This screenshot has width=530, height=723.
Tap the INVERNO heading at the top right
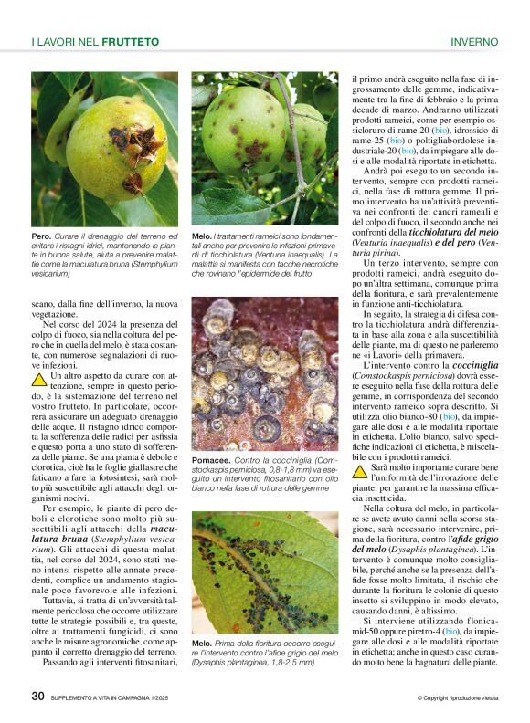[473, 42]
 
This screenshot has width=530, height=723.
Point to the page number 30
[37, 697]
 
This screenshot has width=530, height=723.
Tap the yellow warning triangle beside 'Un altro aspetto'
[39, 377]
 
